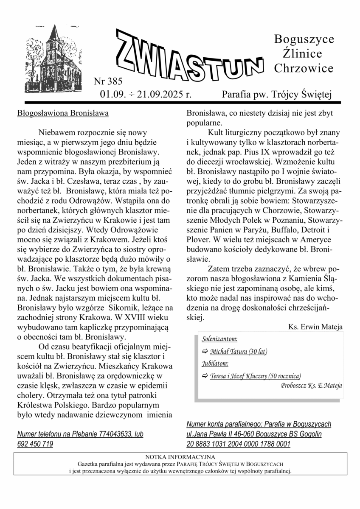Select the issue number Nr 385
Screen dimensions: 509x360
tap(108, 81)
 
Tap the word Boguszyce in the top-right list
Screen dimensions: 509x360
tap(304, 39)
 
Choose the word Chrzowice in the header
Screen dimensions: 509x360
tap(304, 68)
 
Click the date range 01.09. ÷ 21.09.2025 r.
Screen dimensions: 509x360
tap(146, 94)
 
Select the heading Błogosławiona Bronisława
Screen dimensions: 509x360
tap(63, 113)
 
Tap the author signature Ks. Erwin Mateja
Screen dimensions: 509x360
tap(315, 327)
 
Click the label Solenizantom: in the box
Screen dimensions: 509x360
tap(219, 339)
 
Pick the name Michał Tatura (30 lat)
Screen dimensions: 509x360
tap(239, 351)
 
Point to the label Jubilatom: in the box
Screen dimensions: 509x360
tap(215, 364)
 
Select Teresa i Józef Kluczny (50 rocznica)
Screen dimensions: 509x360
tap(256, 376)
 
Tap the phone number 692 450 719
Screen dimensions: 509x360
tap(35, 444)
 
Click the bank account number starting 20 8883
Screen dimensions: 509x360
tap(239, 444)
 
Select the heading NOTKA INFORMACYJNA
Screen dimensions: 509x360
tap(180, 457)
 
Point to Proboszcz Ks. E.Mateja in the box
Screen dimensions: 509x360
tap(311, 386)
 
